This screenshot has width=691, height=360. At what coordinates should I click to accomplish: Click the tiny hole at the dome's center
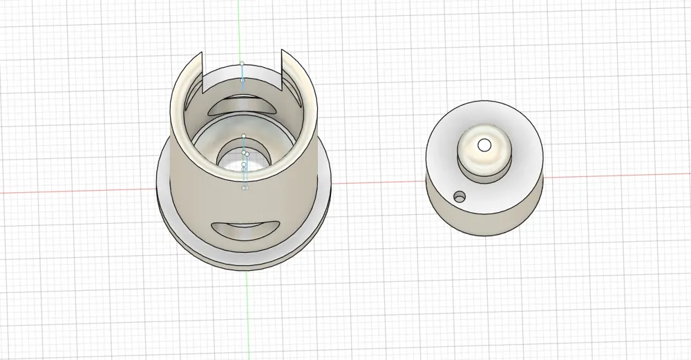484,144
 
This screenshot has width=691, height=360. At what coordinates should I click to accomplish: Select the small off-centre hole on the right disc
457,198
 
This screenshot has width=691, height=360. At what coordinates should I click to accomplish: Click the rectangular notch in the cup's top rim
242,73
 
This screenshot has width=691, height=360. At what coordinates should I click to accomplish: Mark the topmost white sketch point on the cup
242,64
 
